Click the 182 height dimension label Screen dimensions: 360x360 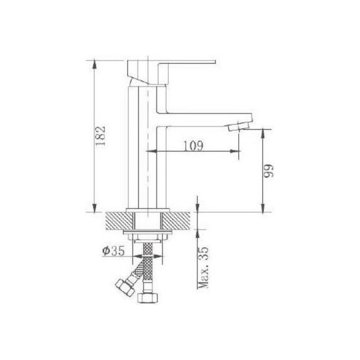pos(100,136)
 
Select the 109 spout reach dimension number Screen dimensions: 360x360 pos(193,145)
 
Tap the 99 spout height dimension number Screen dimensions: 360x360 pos(268,171)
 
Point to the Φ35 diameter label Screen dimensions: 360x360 pos(113,251)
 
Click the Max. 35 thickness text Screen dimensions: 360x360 pos(203,268)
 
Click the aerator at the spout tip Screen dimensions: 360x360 pos(239,126)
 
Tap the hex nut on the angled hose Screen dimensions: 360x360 pos(124,287)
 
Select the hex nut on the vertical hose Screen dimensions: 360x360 pos(148,298)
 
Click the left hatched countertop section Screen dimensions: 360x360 pos(119,221)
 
